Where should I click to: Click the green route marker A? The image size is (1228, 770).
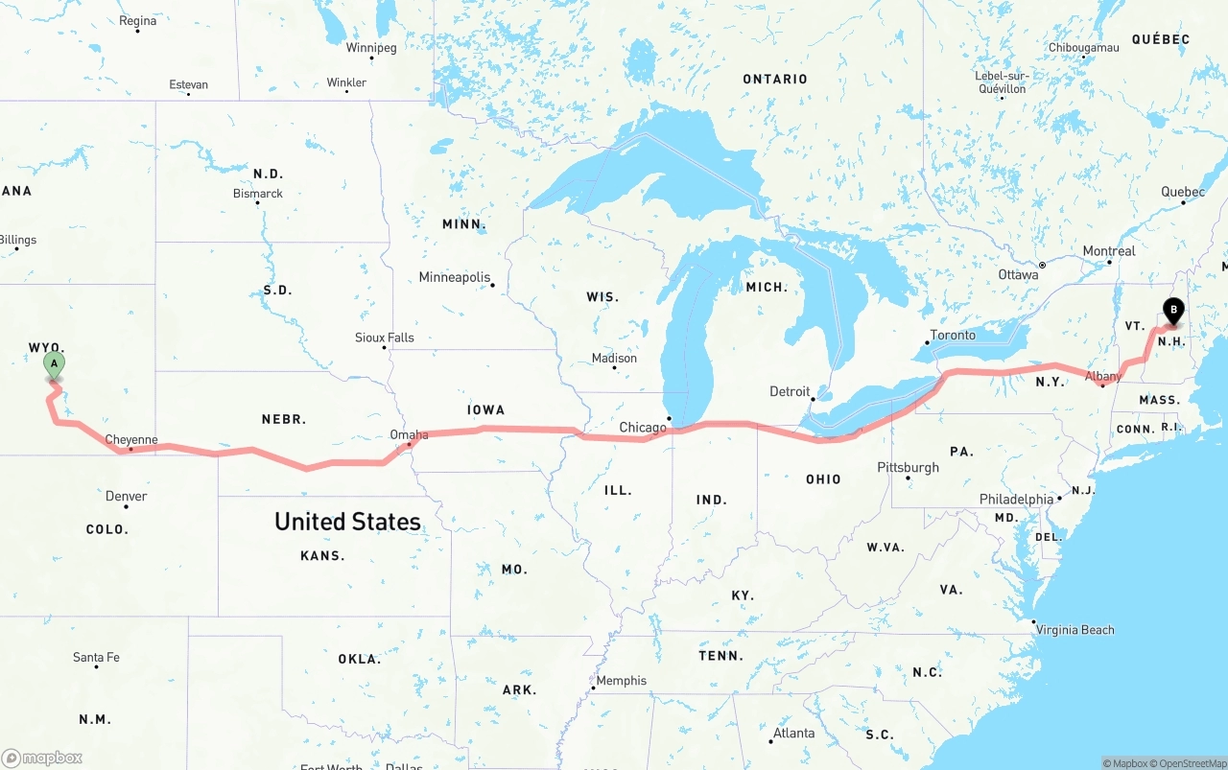pyautogui.click(x=55, y=363)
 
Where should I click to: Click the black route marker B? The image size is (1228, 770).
pyautogui.click(x=1172, y=310)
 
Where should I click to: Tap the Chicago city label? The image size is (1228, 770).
pyautogui.click(x=642, y=428)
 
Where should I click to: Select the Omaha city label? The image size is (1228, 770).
pyautogui.click(x=409, y=435)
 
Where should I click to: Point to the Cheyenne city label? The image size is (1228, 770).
pyautogui.click(x=130, y=440)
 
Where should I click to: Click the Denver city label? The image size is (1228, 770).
pyautogui.click(x=126, y=496)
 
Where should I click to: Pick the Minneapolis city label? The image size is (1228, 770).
pyautogui.click(x=454, y=277)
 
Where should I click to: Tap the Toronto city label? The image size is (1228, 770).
pyautogui.click(x=952, y=335)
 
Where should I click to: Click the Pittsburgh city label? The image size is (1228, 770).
pyautogui.click(x=908, y=467)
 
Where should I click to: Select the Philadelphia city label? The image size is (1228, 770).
pyautogui.click(x=1016, y=500)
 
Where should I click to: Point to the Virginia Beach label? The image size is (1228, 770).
pyautogui.click(x=1074, y=630)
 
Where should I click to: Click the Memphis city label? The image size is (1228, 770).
pyautogui.click(x=621, y=681)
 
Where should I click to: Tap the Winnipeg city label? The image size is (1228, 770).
pyautogui.click(x=370, y=48)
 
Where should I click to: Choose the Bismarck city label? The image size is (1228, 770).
pyautogui.click(x=257, y=194)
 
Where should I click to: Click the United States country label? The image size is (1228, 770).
pyautogui.click(x=347, y=522)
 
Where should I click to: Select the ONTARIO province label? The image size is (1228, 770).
pyautogui.click(x=775, y=79)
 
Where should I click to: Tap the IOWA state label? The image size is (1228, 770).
pyautogui.click(x=485, y=409)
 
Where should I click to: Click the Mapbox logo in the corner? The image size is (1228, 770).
pyautogui.click(x=42, y=758)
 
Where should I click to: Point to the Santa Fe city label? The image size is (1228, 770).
pyautogui.click(x=96, y=658)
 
